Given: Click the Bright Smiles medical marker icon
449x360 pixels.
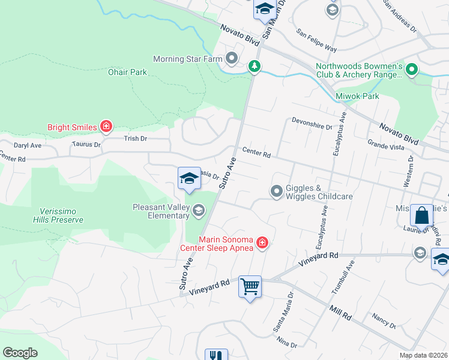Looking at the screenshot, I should click(x=106, y=126).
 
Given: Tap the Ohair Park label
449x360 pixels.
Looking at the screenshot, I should click(x=128, y=72).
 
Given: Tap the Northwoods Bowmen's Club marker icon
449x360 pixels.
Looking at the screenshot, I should click(x=412, y=70).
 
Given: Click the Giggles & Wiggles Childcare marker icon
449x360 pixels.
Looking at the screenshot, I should click(x=277, y=191).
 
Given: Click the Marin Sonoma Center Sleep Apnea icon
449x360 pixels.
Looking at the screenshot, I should click(x=262, y=242).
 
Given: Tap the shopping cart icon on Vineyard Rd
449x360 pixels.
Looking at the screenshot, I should click(x=250, y=287).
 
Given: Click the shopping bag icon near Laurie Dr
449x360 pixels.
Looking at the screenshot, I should click(x=421, y=215).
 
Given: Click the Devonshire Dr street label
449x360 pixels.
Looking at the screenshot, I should click(x=312, y=127).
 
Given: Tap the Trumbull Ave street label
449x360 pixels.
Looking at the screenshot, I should click(x=343, y=277).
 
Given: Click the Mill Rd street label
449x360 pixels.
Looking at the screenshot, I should click(x=339, y=311).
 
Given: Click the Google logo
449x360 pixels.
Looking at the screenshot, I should click(x=20, y=352).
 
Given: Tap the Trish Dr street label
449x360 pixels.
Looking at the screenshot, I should click(x=135, y=139).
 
